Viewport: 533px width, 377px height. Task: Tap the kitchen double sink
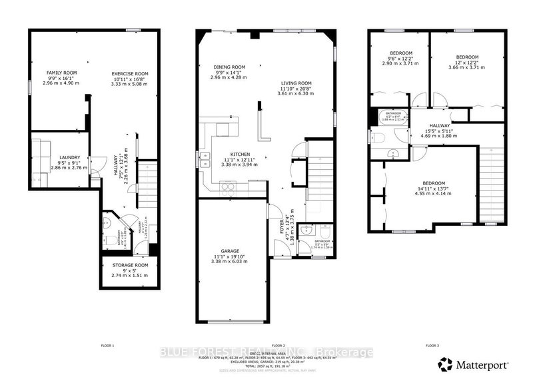[202, 160]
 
